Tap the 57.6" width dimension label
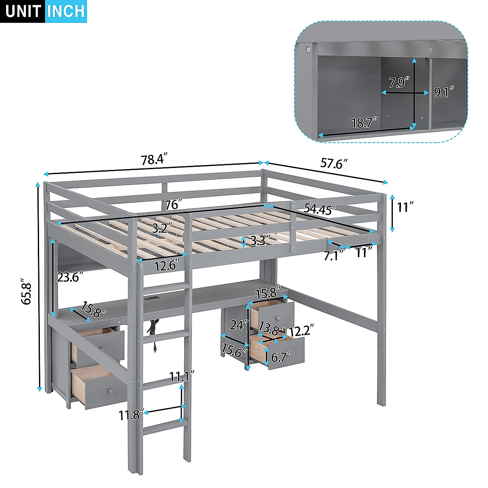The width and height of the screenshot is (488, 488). click(334, 163)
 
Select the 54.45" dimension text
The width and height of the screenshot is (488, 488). click(320, 209)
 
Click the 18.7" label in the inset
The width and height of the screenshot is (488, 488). click(365, 122)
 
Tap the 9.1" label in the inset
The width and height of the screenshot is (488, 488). click(443, 93)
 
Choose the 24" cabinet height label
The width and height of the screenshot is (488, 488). click(239, 325)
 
